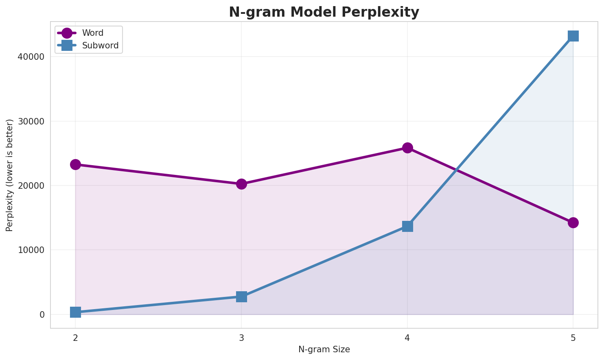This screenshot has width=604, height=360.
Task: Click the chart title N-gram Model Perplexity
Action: coord(324,12)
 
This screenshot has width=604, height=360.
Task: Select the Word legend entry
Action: coord(92,33)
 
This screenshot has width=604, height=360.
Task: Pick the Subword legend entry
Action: coord(100,46)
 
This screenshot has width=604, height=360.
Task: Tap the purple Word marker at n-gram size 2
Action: coord(75,164)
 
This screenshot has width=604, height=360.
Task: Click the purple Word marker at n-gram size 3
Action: coord(241,184)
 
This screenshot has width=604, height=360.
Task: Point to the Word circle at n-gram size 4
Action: coord(407,148)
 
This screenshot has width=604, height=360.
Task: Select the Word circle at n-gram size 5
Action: coord(573,223)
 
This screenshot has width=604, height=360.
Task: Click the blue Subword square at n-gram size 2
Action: coord(75,312)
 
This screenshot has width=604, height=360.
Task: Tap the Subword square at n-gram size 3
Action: coord(241,297)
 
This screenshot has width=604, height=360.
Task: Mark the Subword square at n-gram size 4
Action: coord(407,226)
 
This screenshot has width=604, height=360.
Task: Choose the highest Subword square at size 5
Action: coord(573,36)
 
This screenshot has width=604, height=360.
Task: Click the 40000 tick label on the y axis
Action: coord(31,57)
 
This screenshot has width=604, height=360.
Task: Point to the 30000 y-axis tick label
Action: coord(31,121)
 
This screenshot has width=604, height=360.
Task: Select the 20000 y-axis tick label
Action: coord(31,185)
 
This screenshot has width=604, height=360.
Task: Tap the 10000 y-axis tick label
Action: coord(31,250)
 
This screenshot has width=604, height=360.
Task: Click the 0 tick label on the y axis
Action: coord(42,315)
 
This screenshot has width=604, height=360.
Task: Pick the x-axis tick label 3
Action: coord(241,338)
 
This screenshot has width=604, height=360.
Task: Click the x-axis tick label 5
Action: coord(573,338)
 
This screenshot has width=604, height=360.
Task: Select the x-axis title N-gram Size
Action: coord(324,349)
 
